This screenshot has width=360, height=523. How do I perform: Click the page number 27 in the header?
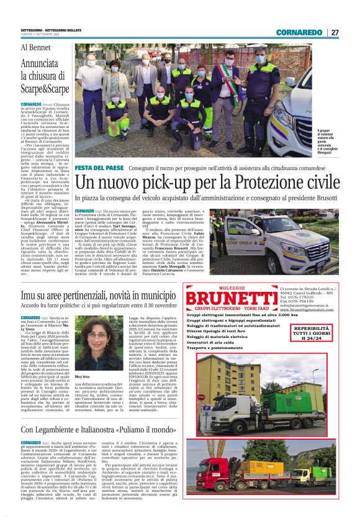pos(334,32)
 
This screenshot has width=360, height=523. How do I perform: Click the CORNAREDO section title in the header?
pos(300,32)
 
